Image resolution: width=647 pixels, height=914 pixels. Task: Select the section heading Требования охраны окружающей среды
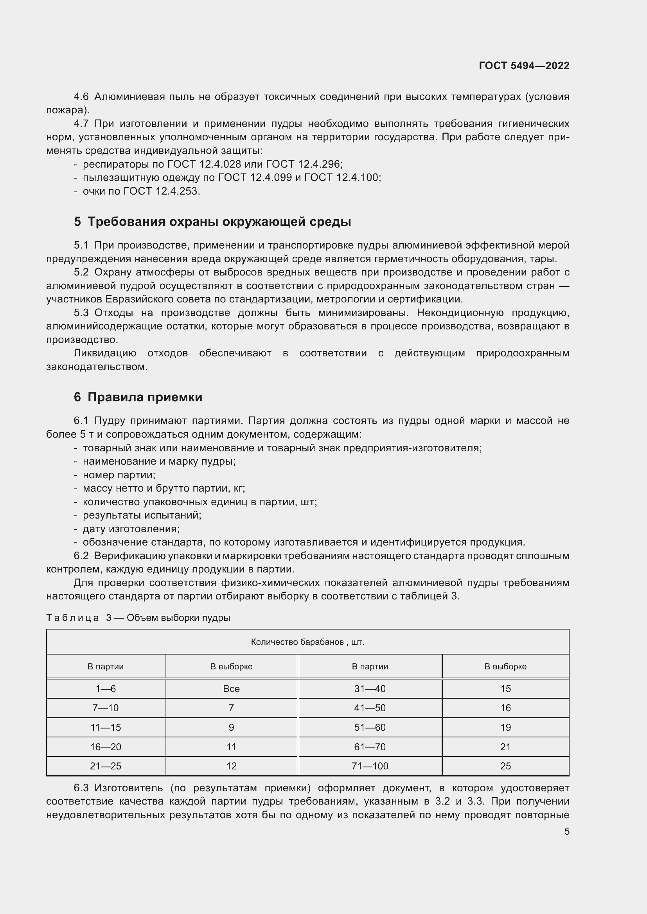[219, 222]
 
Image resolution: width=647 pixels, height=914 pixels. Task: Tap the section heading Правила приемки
[145, 397]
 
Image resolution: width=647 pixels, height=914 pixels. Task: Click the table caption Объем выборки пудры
[178, 618]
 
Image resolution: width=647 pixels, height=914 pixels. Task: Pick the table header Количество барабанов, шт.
[307, 642]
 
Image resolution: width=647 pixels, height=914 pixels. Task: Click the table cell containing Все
[231, 689]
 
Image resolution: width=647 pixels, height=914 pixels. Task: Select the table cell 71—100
[370, 766]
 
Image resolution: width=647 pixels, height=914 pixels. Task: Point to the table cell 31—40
[370, 689]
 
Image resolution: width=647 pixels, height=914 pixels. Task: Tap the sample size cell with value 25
[505, 766]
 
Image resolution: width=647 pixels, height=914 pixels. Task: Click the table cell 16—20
[106, 747]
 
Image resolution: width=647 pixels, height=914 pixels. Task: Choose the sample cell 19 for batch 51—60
[505, 727]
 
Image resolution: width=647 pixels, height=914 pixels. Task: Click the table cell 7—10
[106, 708]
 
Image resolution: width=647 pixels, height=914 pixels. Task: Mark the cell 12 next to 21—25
[231, 766]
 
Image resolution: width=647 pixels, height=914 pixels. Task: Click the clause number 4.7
[81, 123]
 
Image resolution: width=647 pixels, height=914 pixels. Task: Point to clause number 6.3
[81, 788]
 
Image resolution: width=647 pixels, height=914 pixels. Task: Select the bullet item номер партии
[119, 475]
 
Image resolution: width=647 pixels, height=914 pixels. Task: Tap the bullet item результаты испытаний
[142, 515]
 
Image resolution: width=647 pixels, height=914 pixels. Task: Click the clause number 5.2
[81, 272]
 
